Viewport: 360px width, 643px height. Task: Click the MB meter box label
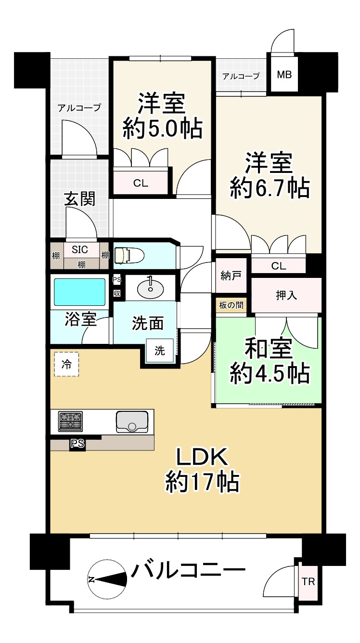tap(283, 75)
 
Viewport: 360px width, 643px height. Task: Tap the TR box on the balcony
tap(308, 581)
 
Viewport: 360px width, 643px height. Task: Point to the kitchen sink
tap(132, 422)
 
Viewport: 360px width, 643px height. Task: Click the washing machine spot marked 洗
tap(159, 351)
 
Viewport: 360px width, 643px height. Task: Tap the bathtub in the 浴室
tap(79, 292)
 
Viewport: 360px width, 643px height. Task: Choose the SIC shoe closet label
tap(80, 249)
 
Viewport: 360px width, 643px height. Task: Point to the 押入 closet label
tap(286, 295)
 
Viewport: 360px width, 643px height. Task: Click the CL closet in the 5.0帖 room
tap(141, 183)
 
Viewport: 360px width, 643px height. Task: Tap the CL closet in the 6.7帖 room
tap(279, 265)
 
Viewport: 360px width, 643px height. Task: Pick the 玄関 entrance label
tap(79, 199)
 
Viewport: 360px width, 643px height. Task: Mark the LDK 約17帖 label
tap(202, 470)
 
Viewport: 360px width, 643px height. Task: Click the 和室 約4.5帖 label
tap(269, 361)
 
